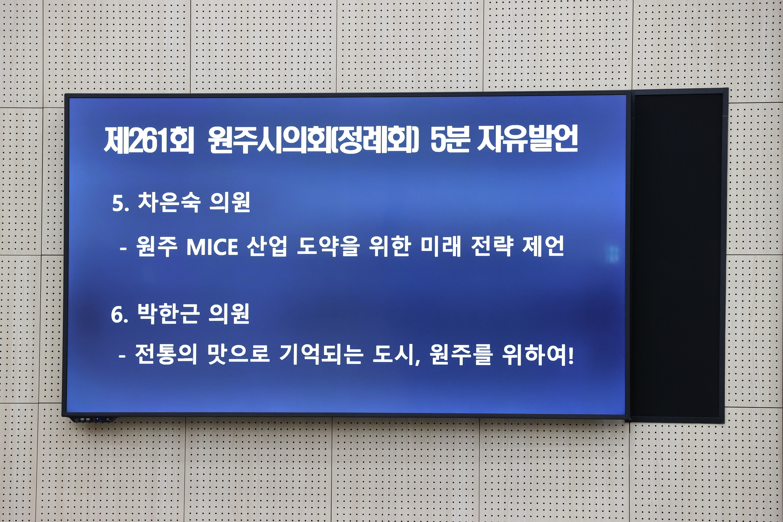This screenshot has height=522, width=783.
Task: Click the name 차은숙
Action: pos(169,203)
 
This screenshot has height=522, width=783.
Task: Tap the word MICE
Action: pos(212,247)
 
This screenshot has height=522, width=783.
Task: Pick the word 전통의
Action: pos(166,354)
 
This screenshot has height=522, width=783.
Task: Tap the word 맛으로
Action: pos(238,354)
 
